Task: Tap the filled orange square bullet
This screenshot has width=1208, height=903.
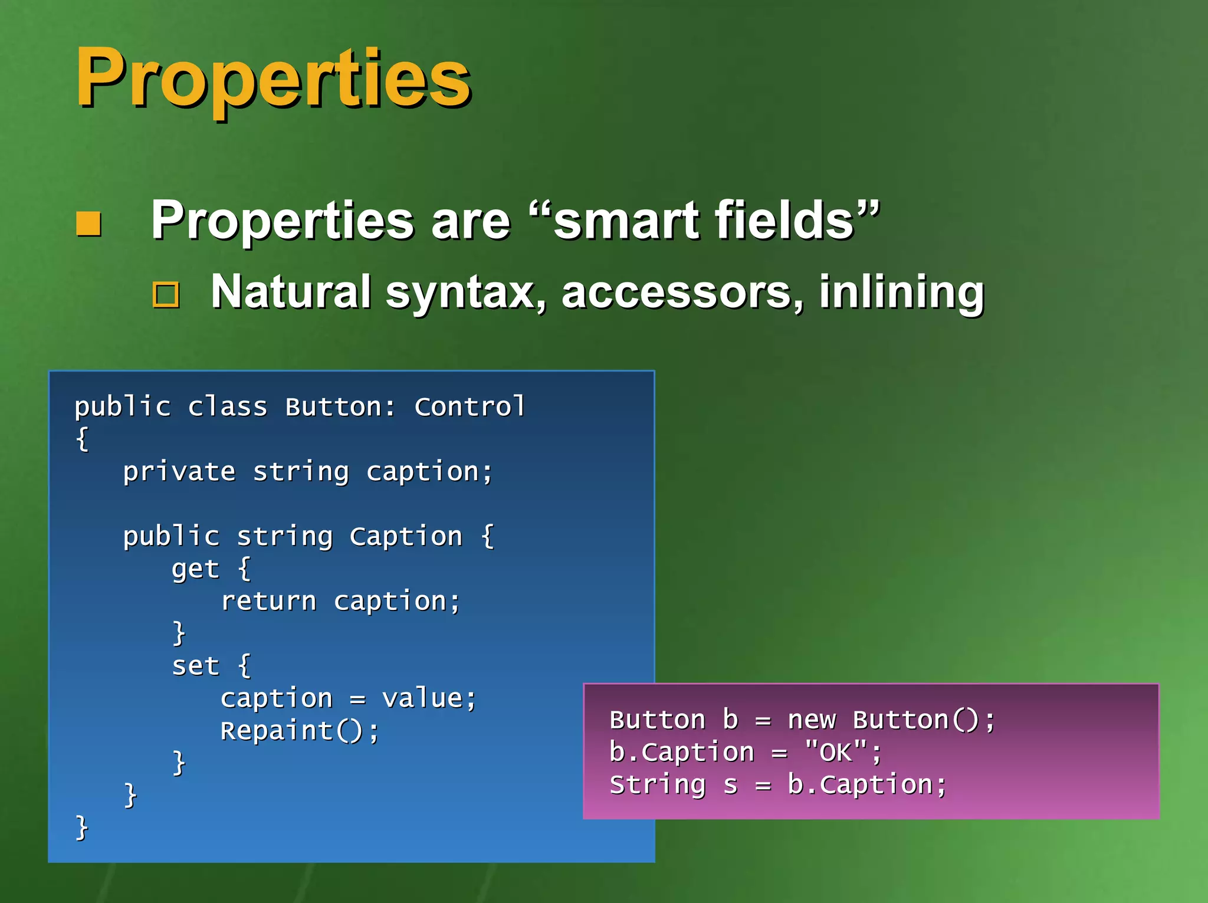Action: pyautogui.click(x=89, y=224)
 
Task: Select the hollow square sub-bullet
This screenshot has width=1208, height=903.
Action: pyautogui.click(x=166, y=294)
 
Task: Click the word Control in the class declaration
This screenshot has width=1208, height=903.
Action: pyautogui.click(x=470, y=407)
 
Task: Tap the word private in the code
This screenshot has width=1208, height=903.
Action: pyautogui.click(x=179, y=472)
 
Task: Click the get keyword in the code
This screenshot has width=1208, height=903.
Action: pyautogui.click(x=195, y=569)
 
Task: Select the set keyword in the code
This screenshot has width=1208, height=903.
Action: pyautogui.click(x=195, y=666)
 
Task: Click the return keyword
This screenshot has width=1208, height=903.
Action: pyautogui.click(x=268, y=602)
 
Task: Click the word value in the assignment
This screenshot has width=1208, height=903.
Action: pyautogui.click(x=422, y=699)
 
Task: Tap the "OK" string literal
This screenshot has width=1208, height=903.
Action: pyautogui.click(x=836, y=753)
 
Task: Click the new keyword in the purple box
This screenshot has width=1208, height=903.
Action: pyautogui.click(x=812, y=720)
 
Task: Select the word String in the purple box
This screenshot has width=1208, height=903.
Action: pyautogui.click(x=657, y=785)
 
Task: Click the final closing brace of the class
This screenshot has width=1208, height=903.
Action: pyautogui.click(x=82, y=828)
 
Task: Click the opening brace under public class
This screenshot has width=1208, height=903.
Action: pyautogui.click(x=82, y=439)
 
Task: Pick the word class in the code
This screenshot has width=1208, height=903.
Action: pyautogui.click(x=228, y=407)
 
